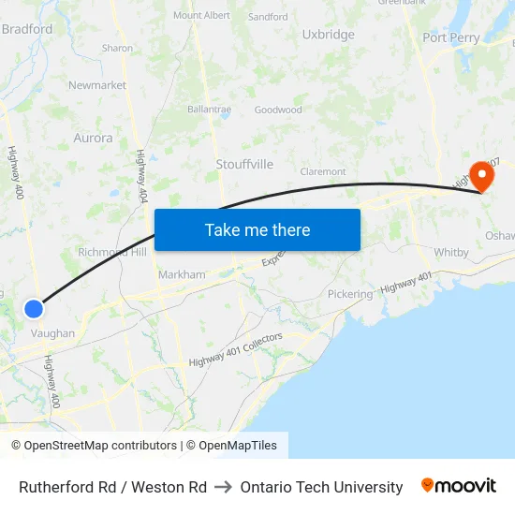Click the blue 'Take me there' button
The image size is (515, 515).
[x=257, y=229]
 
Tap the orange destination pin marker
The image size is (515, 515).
[x=483, y=175]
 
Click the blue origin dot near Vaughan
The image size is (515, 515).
[x=34, y=308]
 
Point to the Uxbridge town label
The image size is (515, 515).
[x=328, y=35]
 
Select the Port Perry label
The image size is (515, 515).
[x=450, y=37]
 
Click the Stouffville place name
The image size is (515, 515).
[x=244, y=164]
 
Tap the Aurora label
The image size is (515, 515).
[x=93, y=138]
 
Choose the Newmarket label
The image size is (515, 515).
[x=97, y=85]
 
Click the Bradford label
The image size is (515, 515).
[x=27, y=29]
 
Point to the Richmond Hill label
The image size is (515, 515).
[x=111, y=252]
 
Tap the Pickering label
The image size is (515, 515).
[x=349, y=294]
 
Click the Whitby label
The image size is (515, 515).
[x=450, y=253]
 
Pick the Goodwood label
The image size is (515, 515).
[x=278, y=110]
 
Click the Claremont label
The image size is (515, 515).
[x=323, y=171]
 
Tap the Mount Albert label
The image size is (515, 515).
[x=201, y=16]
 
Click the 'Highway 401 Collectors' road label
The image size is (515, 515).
[x=235, y=350]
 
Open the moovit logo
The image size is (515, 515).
[x=458, y=486]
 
